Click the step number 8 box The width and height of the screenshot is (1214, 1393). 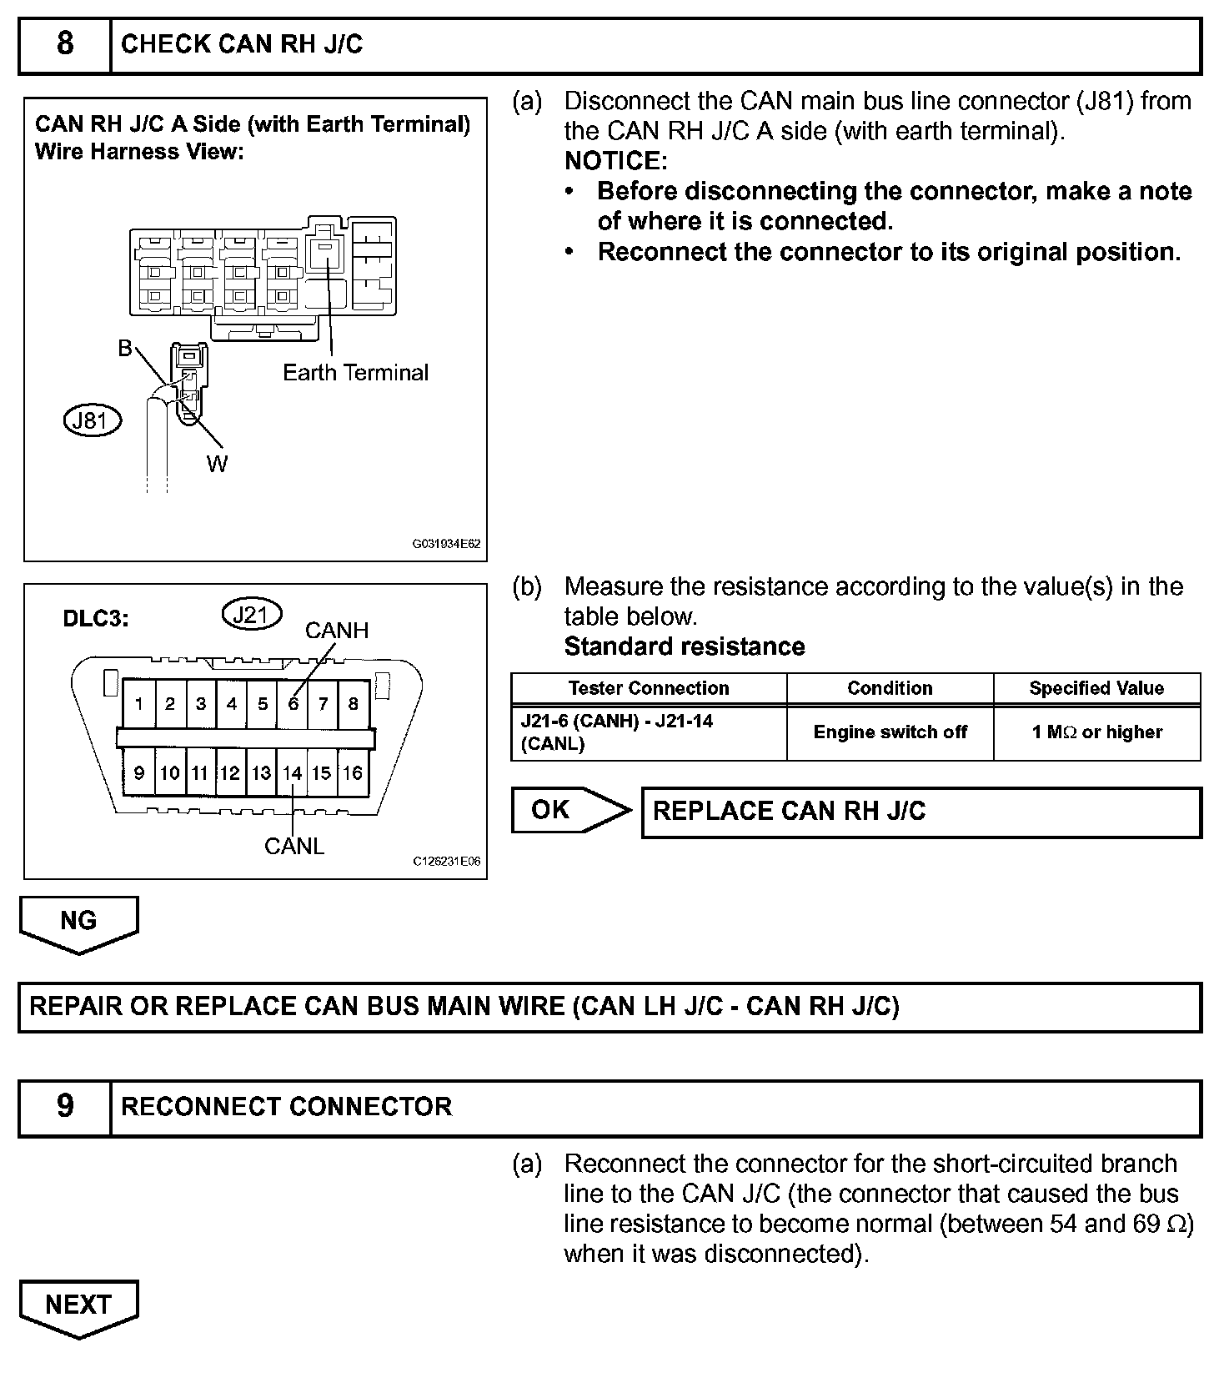[x=65, y=44]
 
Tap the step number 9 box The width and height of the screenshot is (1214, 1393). [x=65, y=1107]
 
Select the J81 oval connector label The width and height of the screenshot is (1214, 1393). [x=92, y=420]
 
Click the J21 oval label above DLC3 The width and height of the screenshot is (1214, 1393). [x=251, y=615]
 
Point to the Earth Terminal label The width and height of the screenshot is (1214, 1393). [x=355, y=373]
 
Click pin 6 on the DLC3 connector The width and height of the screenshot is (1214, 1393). [x=293, y=704]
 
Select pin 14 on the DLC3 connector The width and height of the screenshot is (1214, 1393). [x=292, y=773]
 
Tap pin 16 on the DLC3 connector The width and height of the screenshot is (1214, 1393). [x=353, y=773]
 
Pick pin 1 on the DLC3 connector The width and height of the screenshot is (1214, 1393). [x=139, y=704]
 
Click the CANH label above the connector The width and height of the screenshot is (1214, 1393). [x=336, y=631]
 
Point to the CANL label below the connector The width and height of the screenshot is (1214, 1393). [x=293, y=846]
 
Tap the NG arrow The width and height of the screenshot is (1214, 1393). [x=78, y=922]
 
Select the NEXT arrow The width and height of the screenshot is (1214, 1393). [x=78, y=1305]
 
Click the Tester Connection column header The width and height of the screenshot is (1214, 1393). [x=648, y=688]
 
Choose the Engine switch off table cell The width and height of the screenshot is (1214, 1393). [x=890, y=732]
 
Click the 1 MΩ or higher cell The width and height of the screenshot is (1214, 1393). [x=1096, y=732]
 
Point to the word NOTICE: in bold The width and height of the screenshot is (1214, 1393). [x=615, y=161]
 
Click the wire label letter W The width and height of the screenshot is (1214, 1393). [x=217, y=465]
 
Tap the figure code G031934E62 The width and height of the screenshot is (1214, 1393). [x=446, y=544]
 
